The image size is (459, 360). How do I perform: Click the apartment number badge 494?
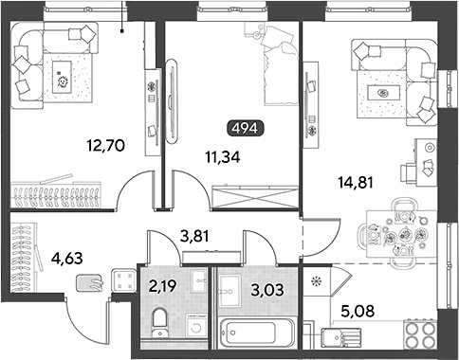click(246, 128)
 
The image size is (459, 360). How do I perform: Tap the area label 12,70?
click(106, 146)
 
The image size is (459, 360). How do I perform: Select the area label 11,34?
click(223, 157)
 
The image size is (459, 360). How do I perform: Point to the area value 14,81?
click(356, 182)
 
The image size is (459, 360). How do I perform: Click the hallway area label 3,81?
click(194, 236)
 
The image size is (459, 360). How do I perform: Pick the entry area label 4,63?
click(66, 259)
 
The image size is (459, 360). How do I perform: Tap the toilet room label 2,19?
click(163, 286)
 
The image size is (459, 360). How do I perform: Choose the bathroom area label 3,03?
click(267, 290)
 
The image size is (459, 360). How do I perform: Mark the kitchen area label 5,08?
click(358, 311)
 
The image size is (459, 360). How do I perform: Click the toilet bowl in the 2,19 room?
click(160, 322)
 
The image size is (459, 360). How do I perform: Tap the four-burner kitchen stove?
click(420, 334)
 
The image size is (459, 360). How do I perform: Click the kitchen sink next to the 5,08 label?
click(340, 338)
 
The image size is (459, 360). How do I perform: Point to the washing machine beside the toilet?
click(196, 326)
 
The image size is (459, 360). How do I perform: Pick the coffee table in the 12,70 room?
click(62, 77)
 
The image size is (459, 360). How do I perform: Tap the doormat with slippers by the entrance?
click(90, 282)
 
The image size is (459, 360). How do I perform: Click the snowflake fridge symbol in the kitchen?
click(315, 280)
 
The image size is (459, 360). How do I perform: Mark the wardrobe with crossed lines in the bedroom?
click(255, 197)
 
